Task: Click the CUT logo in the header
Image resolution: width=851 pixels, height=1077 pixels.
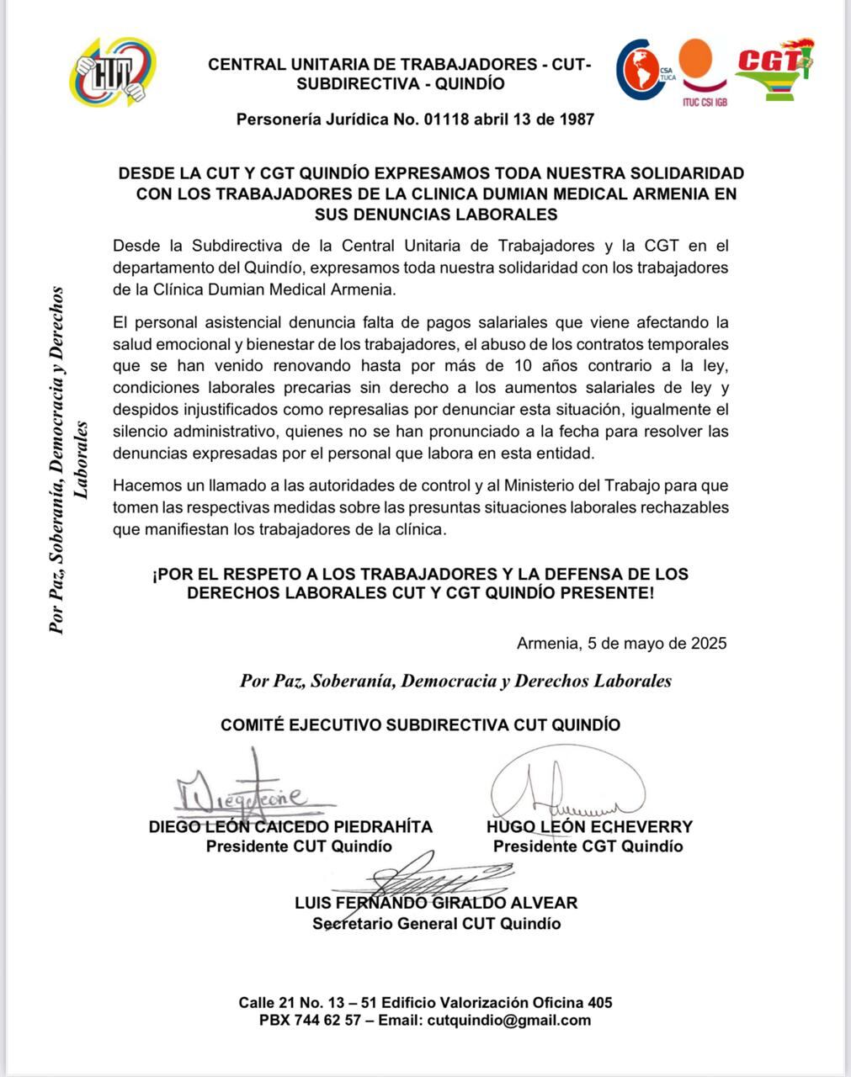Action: tap(112, 72)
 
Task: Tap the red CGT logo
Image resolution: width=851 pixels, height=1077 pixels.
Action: tap(774, 68)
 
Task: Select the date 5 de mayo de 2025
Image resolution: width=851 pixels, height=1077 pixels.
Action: tap(621, 644)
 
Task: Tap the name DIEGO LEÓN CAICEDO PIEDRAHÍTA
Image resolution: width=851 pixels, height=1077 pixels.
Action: tap(290, 827)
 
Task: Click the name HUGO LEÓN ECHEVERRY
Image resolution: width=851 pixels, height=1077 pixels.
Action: tap(589, 827)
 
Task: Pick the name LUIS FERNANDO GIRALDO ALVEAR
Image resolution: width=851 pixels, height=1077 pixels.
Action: tap(436, 904)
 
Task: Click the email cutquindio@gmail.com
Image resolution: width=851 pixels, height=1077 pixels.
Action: tap(509, 1021)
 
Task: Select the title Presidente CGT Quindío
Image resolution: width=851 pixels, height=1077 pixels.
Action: tap(588, 846)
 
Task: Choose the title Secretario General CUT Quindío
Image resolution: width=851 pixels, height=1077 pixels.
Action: tap(436, 924)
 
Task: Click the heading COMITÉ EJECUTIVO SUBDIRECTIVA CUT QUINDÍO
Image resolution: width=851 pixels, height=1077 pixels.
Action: tap(420, 725)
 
